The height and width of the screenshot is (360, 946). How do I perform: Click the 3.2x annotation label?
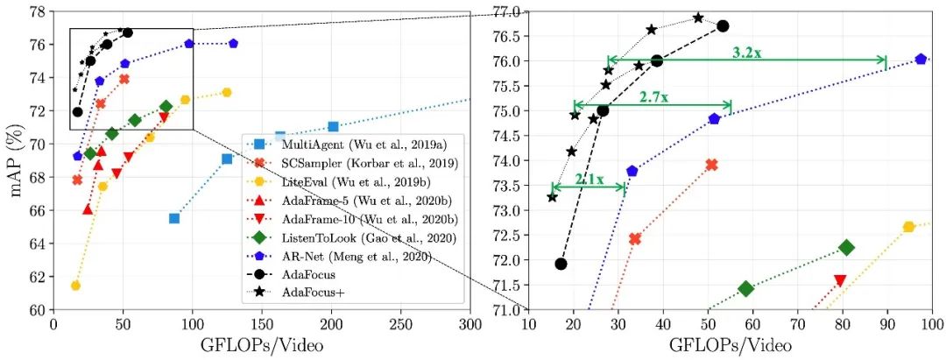point(747,53)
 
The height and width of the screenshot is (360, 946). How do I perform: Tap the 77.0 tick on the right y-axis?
point(506,11)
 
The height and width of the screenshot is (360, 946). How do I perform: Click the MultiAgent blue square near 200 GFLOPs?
point(333,126)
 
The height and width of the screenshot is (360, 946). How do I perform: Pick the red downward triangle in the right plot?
point(841,280)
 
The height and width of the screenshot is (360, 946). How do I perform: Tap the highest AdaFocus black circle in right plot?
point(723,26)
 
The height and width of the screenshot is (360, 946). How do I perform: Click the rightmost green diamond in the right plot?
point(846,248)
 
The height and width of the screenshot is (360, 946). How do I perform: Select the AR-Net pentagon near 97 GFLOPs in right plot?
point(921,59)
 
